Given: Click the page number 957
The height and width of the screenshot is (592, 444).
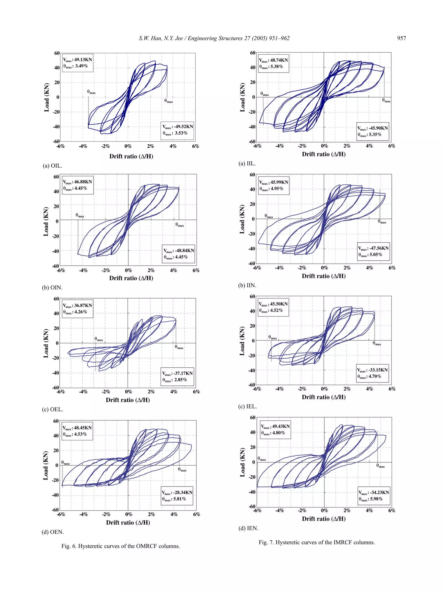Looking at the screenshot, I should (x=402, y=38).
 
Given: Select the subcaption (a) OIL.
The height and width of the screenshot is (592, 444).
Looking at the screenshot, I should (x=52, y=166).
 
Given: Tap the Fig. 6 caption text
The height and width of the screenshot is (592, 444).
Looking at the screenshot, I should (x=121, y=546).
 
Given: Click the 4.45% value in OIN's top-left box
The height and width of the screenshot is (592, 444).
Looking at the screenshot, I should (x=81, y=188).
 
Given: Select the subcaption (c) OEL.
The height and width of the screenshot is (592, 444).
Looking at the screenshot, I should (x=52, y=409).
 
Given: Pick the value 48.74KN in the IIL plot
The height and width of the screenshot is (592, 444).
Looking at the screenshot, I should (x=279, y=60).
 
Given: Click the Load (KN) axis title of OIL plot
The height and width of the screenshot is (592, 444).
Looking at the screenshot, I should (x=47, y=97).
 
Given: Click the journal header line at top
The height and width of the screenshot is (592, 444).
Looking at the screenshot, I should (x=214, y=38).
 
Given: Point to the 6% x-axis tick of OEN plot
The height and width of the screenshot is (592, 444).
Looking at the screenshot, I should (x=196, y=514).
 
